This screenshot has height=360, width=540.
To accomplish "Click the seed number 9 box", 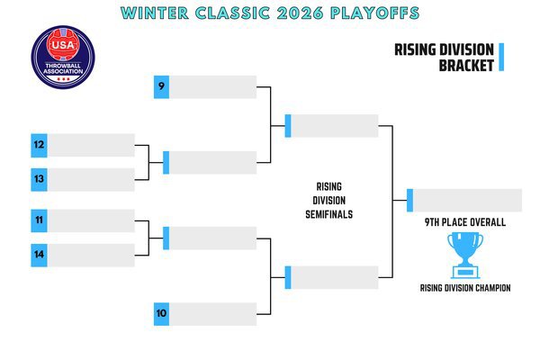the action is point(161,86).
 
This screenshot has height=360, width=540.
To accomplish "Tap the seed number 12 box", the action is point(39,146).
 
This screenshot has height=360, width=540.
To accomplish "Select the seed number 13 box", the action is point(39,179).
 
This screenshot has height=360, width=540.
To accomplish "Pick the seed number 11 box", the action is point(39,220).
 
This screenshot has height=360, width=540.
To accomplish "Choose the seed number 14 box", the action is point(39,256).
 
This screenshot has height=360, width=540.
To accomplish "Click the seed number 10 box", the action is point(161,314).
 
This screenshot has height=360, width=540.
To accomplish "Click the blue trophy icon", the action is point(465,256).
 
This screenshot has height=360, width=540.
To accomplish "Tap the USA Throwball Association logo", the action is point(63,58).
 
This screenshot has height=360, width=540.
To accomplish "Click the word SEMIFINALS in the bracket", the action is point(328,214).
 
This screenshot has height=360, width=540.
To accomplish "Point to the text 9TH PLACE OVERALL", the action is point(465,222).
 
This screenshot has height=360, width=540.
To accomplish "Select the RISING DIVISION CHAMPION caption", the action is point(465,288).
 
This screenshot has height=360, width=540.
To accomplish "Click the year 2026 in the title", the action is point(300,13).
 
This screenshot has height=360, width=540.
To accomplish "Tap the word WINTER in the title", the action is point(155,13).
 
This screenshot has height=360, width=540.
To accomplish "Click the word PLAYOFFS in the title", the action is point(374,13).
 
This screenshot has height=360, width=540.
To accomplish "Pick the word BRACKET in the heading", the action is point(466,66).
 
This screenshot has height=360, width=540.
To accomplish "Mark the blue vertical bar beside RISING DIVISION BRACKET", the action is point(501,58).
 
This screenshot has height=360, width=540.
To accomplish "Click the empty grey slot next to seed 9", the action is point(212,86).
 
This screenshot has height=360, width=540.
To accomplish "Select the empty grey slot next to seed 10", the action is point(212,314).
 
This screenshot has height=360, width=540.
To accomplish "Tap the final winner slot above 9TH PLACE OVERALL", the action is point(467,200).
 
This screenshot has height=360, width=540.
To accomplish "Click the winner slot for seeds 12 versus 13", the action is point(212,163).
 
